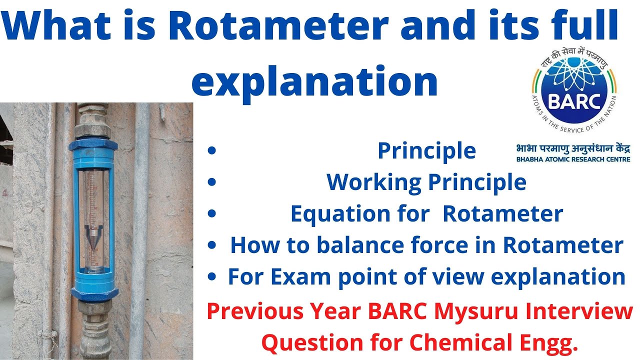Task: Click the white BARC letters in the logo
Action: pos(573,101)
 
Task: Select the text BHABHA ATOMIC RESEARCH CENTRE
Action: pos(573,159)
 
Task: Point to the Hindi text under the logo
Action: pos(573,148)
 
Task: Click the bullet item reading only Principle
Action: pos(426,151)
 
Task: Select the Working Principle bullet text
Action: pos(426,182)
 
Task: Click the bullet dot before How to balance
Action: pos(213,245)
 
